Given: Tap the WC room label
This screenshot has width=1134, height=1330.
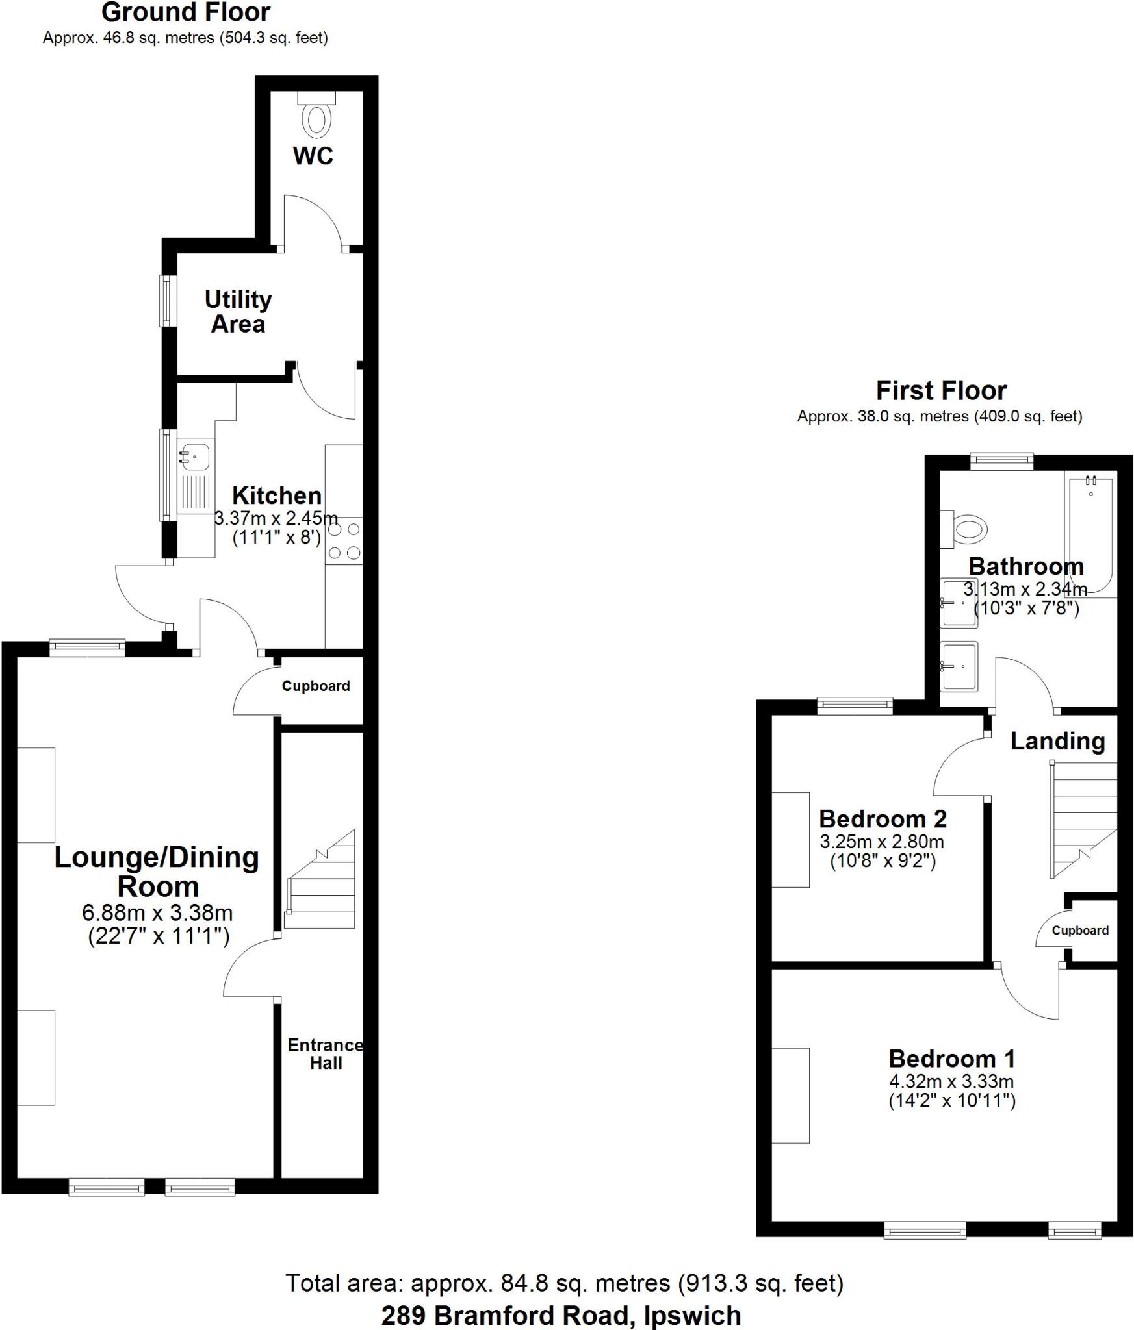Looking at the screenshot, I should pos(313,157).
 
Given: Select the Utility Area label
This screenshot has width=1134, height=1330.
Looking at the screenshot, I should pos(238,312).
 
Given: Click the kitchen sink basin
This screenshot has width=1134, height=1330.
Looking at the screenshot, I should pos(195,456).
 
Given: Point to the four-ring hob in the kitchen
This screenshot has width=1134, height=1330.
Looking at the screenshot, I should pos(344,540).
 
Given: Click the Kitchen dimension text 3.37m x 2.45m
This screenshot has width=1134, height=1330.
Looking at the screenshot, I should pos(276,518).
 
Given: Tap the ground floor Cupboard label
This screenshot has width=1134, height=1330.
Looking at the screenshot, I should pos(316,686).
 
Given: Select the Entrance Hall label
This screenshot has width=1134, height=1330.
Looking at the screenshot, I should pos(326,1053).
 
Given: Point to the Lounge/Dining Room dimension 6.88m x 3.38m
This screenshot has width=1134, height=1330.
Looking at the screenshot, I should pos(157,913).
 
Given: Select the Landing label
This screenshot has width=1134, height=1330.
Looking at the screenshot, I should pos(1057,741).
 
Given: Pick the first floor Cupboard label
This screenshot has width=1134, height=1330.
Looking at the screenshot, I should pos(1080,931).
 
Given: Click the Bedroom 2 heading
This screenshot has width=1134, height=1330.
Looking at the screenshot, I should pos(883,819).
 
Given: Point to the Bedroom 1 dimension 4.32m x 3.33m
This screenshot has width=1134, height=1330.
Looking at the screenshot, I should pos(951,1081).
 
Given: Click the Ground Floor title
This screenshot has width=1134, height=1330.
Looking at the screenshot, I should pos(186,13).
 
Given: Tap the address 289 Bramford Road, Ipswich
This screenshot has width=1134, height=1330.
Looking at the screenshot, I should pos(561,1316).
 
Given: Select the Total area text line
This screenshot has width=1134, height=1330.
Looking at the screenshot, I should pos(564,1283).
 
